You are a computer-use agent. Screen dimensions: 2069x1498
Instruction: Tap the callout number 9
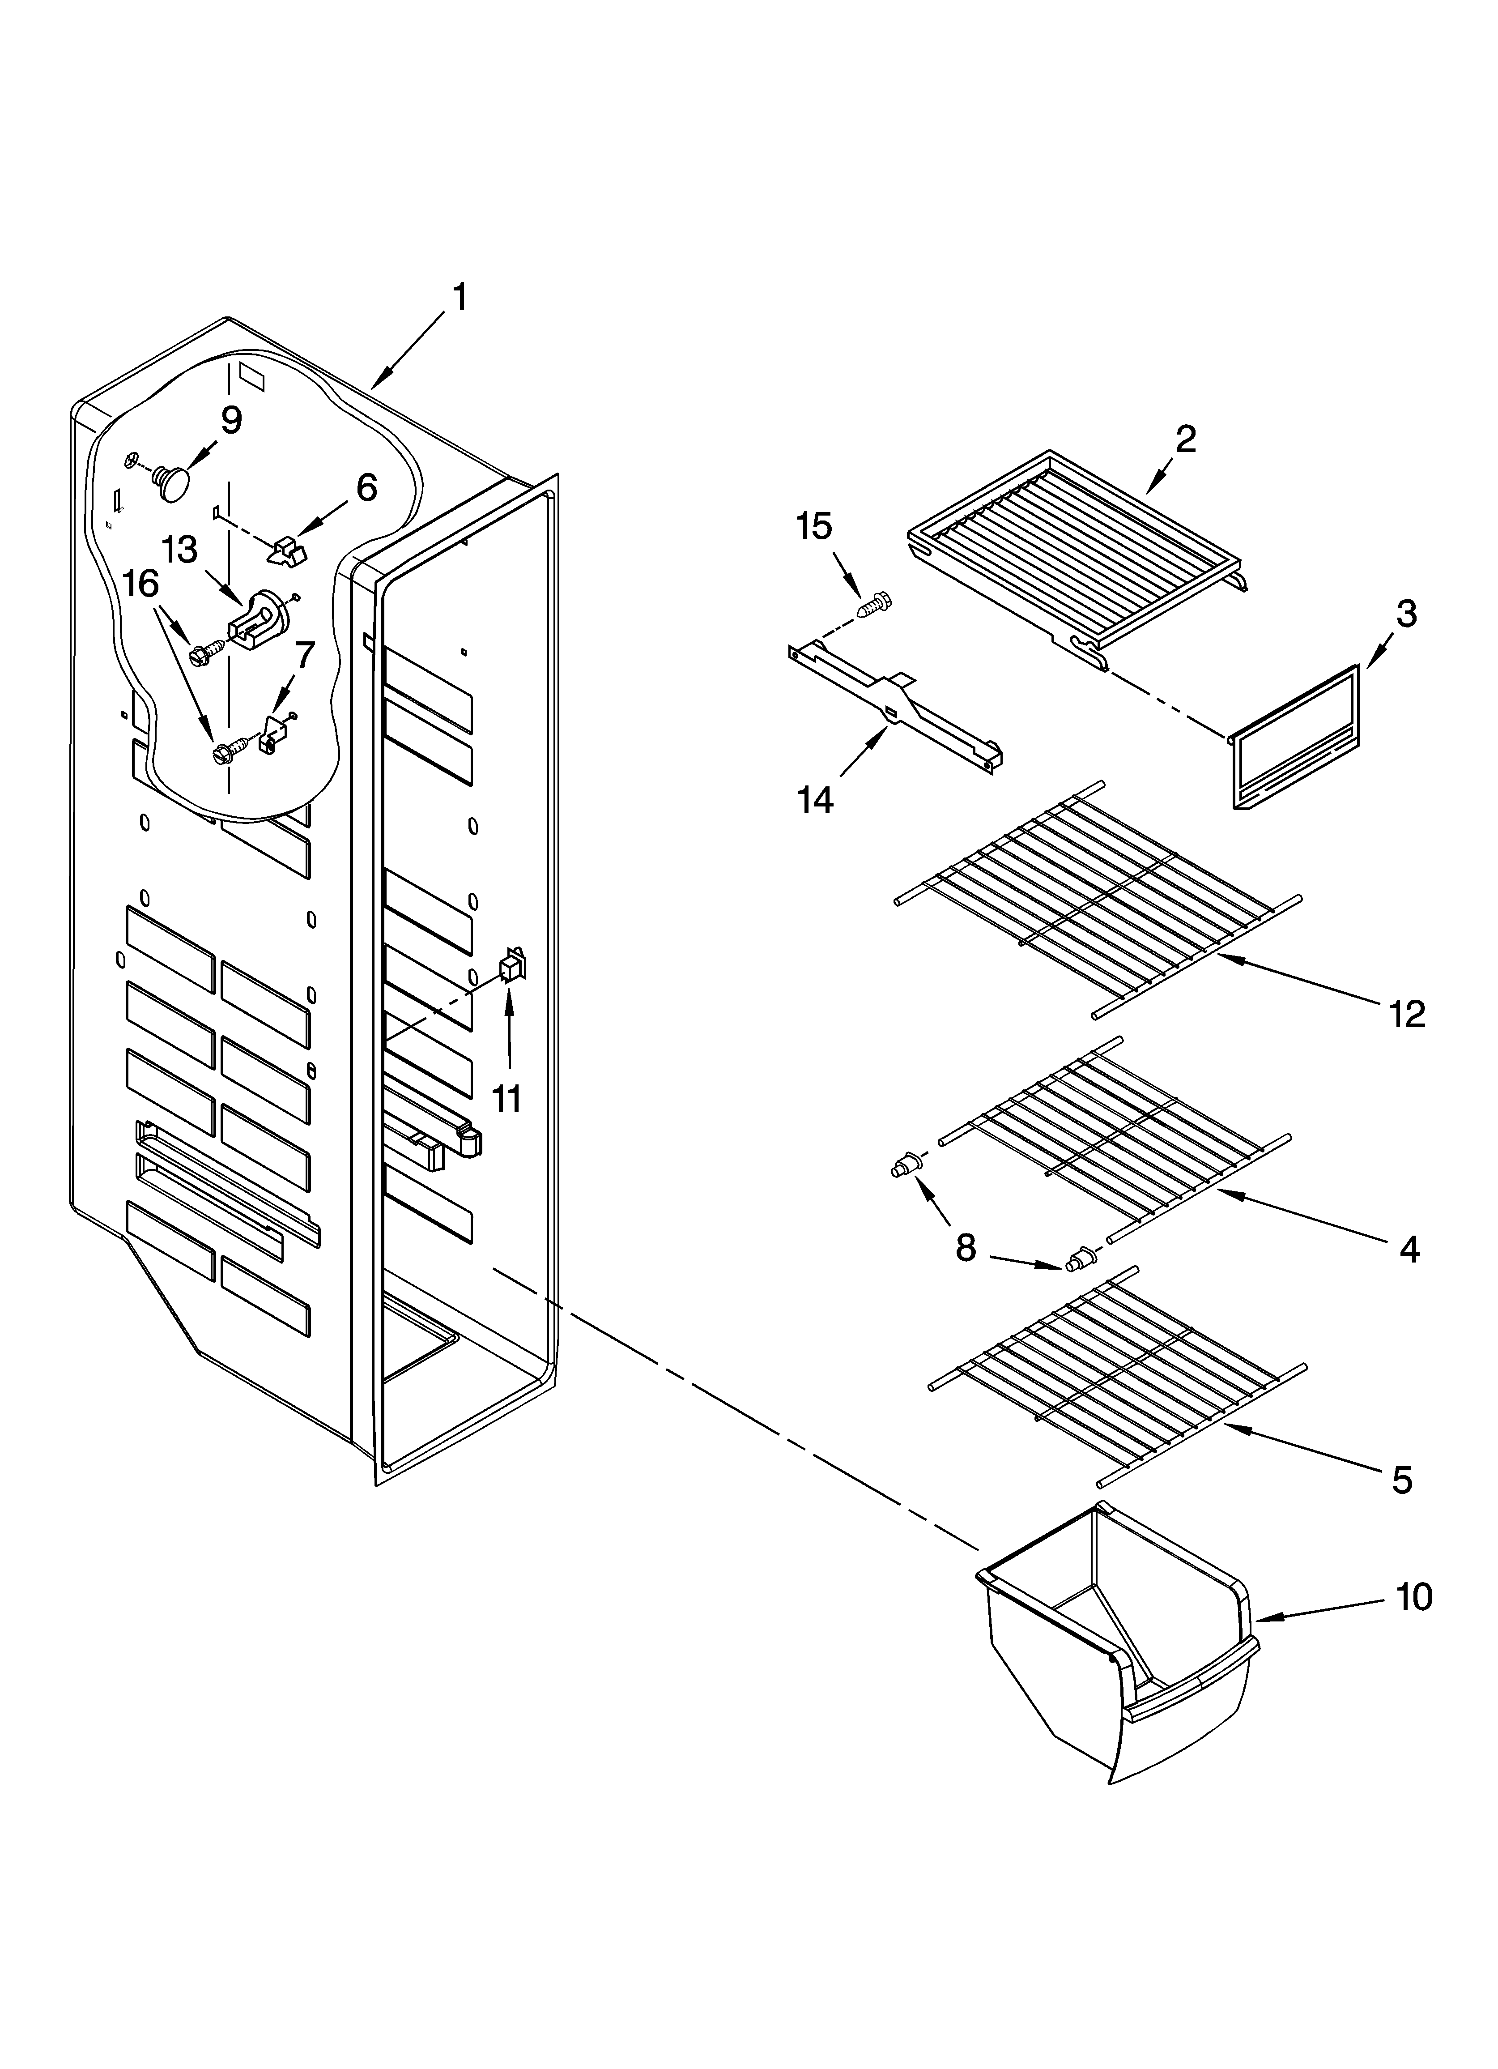(x=231, y=421)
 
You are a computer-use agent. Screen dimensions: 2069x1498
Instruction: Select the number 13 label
(x=180, y=550)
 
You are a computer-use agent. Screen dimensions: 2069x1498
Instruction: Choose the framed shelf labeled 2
(x=1077, y=547)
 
